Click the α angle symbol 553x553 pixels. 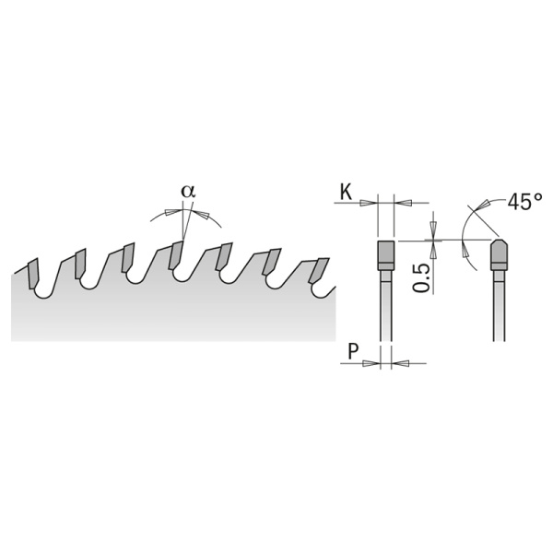[x=188, y=192]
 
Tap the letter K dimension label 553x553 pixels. [x=346, y=193]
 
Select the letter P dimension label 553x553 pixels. [x=353, y=351]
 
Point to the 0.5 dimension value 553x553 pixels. [x=422, y=278]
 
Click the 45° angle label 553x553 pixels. [x=524, y=202]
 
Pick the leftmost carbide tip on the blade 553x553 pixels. [x=33, y=274]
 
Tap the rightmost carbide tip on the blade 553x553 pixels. [x=319, y=270]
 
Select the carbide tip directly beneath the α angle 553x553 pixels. [x=176, y=255]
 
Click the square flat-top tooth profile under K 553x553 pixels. [x=386, y=255]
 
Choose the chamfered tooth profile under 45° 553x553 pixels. [x=500, y=255]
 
